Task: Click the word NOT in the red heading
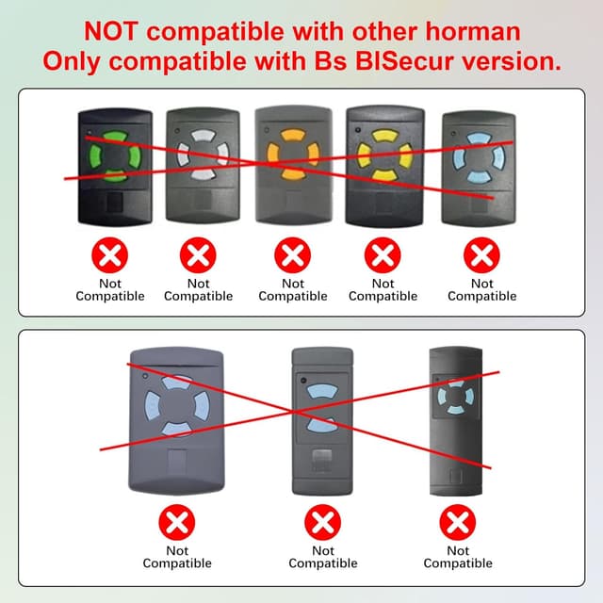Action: point(110,31)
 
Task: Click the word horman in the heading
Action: point(472,31)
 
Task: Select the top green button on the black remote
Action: point(115,137)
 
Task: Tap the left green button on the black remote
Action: point(94,156)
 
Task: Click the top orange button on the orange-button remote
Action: point(293,136)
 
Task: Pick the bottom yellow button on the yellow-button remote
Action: point(384,175)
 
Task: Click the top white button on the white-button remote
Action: point(204,136)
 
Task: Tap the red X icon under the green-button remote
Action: point(110,255)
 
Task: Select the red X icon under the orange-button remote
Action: point(293,255)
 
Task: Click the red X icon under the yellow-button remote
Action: point(383,255)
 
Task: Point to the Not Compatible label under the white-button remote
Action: point(199,289)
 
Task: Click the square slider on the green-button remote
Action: point(114,202)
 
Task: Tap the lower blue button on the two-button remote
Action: point(322,425)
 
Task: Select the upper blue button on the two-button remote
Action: point(322,392)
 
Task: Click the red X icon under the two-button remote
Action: point(322,522)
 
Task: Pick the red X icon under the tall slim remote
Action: point(458,522)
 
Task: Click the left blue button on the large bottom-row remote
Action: point(153,406)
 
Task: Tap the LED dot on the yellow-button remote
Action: point(358,130)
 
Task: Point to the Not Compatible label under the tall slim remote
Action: point(458,557)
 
